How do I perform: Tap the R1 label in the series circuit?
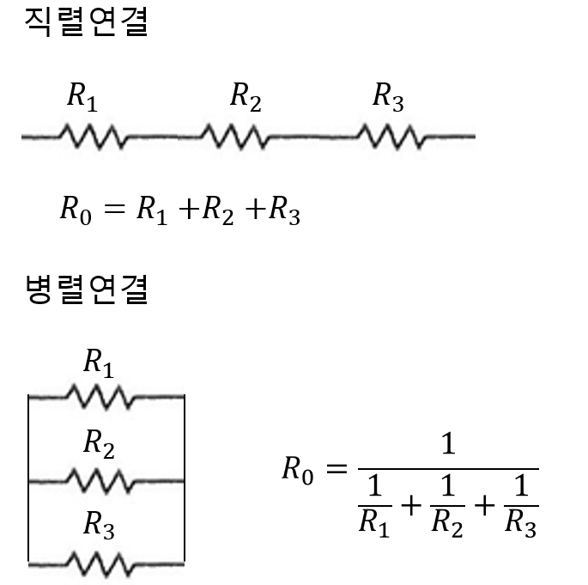pos(82,97)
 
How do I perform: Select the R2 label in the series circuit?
pos(246,97)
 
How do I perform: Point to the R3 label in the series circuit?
pos(387,97)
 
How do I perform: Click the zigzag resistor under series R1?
pos(94,136)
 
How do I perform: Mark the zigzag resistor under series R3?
pos(389,136)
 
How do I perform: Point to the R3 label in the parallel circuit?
pos(98,525)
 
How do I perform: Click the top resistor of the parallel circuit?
pos(100,397)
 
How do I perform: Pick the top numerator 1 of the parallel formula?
pos(447,445)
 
